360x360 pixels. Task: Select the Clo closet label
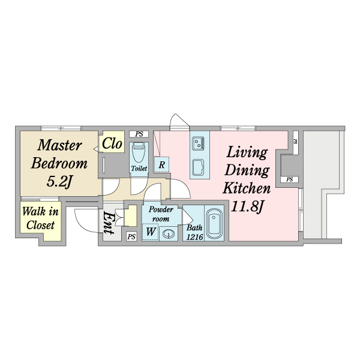112,144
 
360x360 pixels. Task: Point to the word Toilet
139,169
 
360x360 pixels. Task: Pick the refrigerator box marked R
161,164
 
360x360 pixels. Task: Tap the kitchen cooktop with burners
198,143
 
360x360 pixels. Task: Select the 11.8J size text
247,207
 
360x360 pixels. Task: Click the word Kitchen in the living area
247,188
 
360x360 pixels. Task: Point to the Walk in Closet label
40,218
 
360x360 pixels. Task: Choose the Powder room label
161,214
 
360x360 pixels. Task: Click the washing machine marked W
150,232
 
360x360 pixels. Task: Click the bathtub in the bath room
214,224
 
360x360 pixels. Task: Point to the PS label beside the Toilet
139,134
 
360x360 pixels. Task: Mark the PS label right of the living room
290,179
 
